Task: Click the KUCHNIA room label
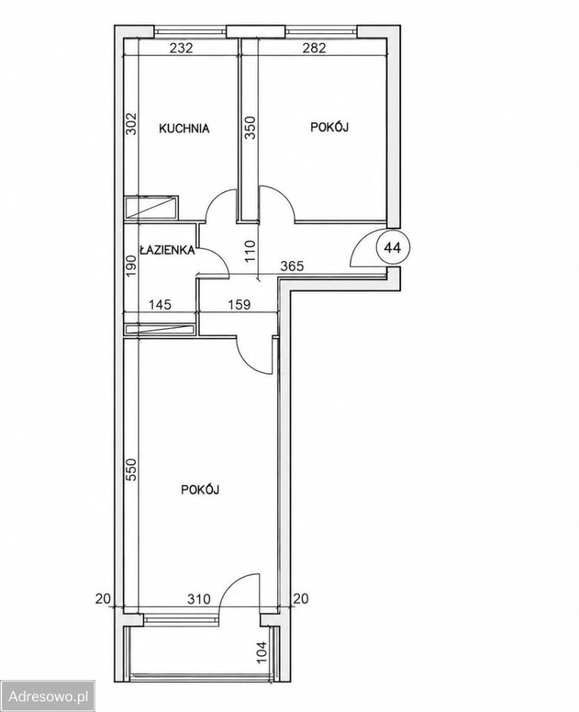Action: (184, 128)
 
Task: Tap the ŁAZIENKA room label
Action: (167, 249)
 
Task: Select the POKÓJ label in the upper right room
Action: (330, 127)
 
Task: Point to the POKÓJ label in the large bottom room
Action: (200, 489)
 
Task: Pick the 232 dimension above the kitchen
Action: (181, 47)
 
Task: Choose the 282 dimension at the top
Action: (315, 47)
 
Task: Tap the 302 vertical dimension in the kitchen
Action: (131, 124)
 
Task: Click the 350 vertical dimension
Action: (251, 128)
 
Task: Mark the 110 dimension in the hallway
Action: (251, 251)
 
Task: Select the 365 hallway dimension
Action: (292, 266)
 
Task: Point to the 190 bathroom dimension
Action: (131, 266)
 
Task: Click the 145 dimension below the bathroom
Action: (160, 304)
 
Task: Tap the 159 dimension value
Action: (239, 304)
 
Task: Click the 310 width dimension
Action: (199, 599)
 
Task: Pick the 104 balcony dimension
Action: (262, 651)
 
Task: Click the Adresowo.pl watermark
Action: (49, 696)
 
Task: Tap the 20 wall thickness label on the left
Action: (103, 599)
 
